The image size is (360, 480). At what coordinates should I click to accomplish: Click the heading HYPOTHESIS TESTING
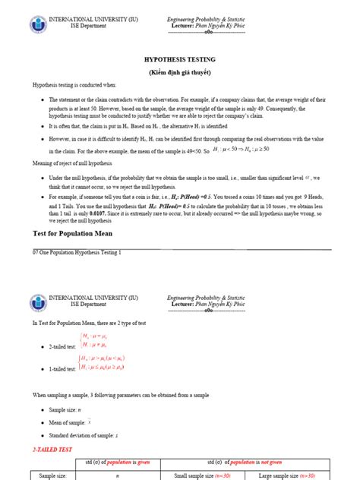[x=180, y=58]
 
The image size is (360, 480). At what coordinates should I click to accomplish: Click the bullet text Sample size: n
[x=67, y=409]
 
